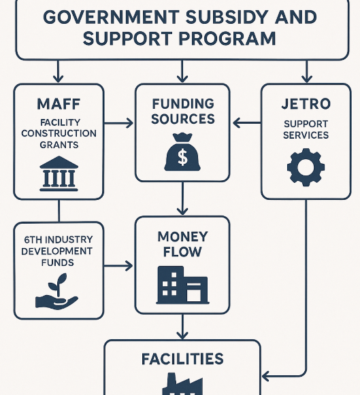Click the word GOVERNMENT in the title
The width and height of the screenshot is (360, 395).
[x=111, y=17]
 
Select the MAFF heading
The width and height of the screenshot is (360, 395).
[x=59, y=104]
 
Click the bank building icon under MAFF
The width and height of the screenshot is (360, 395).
[x=59, y=173]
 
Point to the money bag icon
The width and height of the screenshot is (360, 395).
[x=182, y=152]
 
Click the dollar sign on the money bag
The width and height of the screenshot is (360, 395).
[x=182, y=157]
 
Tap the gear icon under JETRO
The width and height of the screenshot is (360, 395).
[x=306, y=167]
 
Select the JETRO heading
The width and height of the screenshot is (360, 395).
[x=306, y=104]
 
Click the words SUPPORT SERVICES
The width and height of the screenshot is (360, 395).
[x=306, y=129]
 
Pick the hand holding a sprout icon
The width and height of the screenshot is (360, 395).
[x=57, y=292]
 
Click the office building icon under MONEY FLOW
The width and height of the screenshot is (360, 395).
[x=182, y=285]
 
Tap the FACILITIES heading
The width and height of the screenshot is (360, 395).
[x=182, y=359]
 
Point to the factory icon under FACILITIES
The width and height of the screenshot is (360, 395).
[x=182, y=383]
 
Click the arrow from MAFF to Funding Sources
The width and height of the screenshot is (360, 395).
[x=118, y=123]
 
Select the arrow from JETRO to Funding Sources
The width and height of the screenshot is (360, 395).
[x=247, y=123]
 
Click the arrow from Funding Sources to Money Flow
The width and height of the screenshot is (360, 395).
[x=182, y=199]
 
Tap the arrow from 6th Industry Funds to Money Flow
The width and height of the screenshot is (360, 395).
[x=118, y=266]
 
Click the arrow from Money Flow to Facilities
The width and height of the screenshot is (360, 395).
[x=182, y=327]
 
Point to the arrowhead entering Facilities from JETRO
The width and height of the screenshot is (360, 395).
[x=265, y=377]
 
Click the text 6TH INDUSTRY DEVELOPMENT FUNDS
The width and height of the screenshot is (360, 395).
[x=57, y=251]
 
